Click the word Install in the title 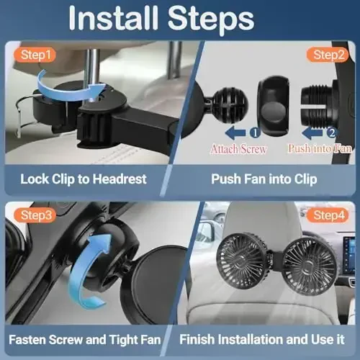(x=123, y=19)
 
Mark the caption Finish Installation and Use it (x=268, y=338)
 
